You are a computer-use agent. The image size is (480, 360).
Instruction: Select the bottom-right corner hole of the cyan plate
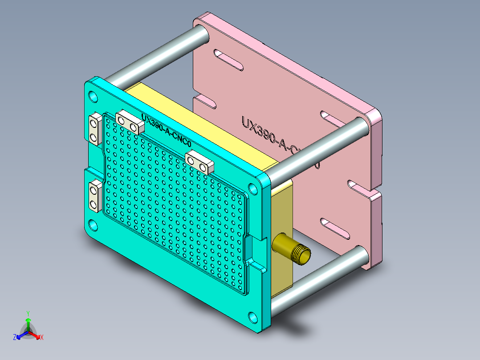pyautogui.click(x=252, y=317)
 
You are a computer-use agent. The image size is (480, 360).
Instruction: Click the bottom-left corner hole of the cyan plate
pyautogui.click(x=93, y=225)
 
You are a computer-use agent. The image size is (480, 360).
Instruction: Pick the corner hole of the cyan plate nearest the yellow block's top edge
pyautogui.click(x=252, y=188)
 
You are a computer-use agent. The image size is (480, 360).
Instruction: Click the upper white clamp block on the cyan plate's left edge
pyautogui.click(x=94, y=128)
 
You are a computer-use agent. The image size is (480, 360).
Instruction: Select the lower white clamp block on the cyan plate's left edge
pyautogui.click(x=94, y=196)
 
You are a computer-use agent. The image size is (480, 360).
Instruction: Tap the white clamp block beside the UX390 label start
pyautogui.click(x=130, y=123)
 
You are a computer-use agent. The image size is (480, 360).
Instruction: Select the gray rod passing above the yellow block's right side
pyautogui.click(x=318, y=149)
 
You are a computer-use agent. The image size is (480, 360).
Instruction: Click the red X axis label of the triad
pyautogui.click(x=41, y=338)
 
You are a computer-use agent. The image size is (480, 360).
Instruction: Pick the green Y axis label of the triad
pyautogui.click(x=28, y=313)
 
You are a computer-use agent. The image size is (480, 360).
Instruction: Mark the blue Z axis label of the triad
pyautogui.click(x=15, y=338)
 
